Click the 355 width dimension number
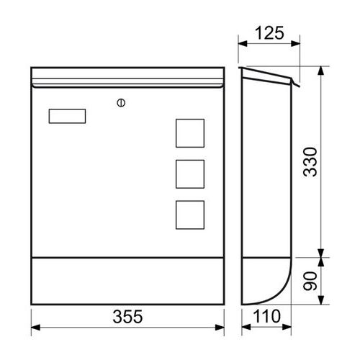[x=127, y=317]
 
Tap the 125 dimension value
[x=269, y=33]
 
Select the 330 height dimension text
[x=310, y=162]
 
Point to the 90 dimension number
[x=310, y=281]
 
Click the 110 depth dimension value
[x=266, y=316]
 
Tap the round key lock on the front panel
[x=121, y=103]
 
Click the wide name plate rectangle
[x=67, y=116]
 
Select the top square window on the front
[x=190, y=133]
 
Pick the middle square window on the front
[x=190, y=174]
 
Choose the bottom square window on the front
[x=190, y=215]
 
